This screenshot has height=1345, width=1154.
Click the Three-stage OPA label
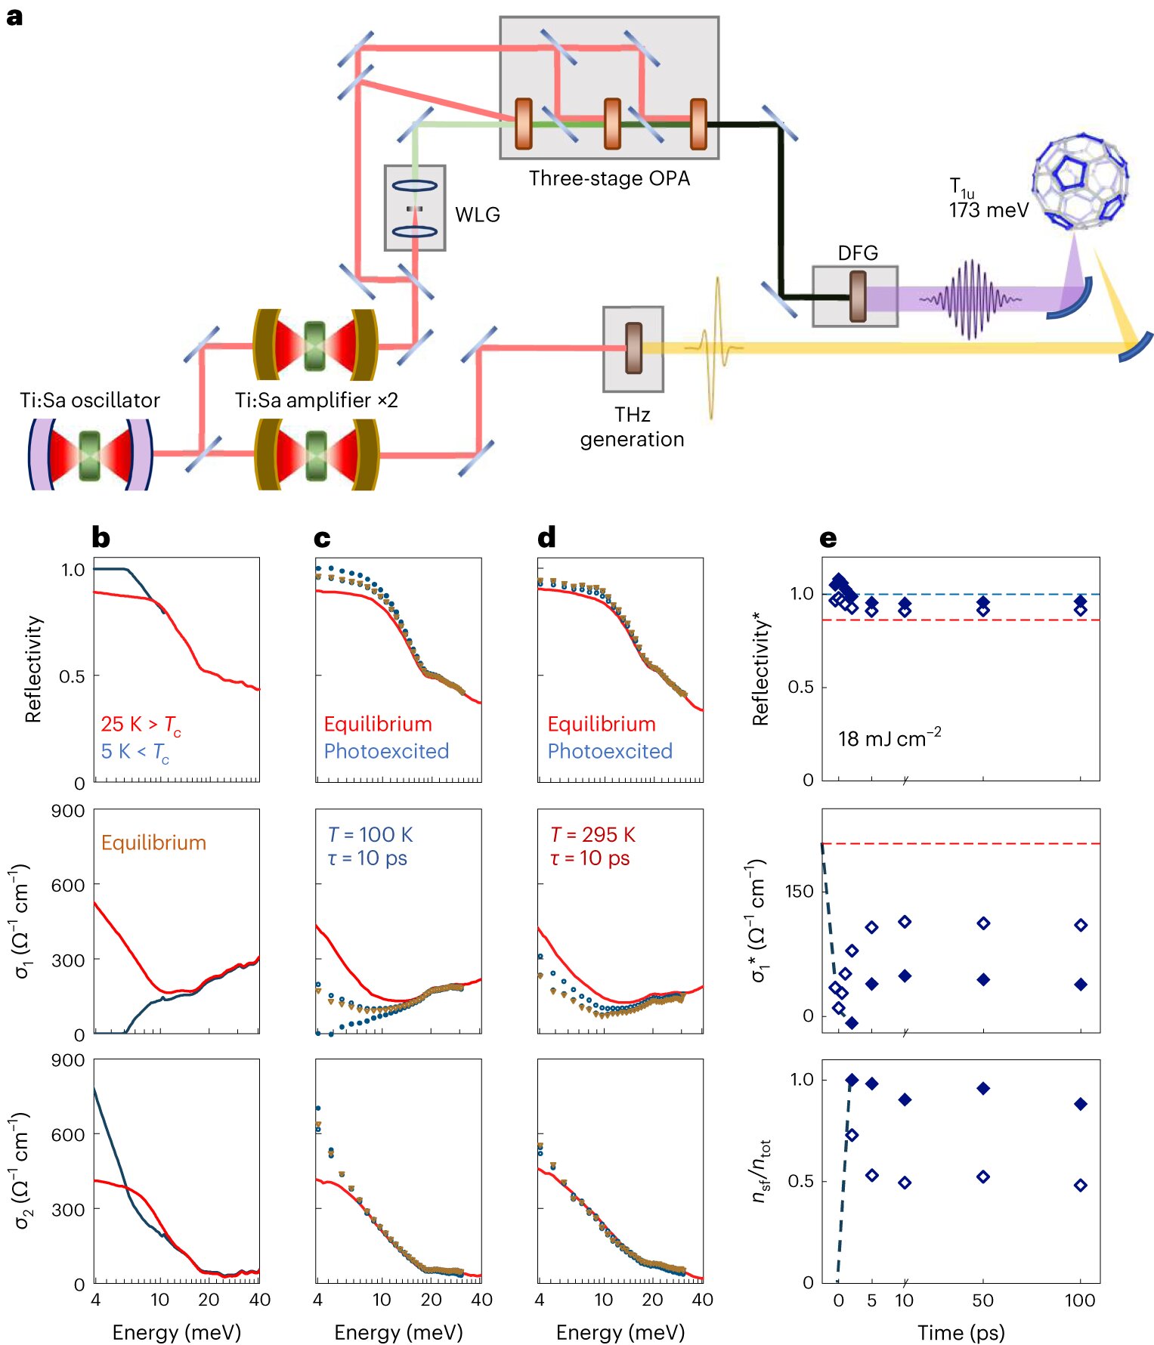pos(609,178)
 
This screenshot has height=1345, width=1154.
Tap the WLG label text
pos(477,215)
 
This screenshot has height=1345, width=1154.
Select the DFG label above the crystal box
pos(857,253)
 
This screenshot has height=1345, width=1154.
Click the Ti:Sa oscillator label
pos(90,400)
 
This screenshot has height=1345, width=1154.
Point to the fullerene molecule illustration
pos(1080,181)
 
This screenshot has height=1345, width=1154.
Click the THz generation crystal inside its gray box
pos(633,348)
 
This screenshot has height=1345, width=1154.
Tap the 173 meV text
pos(988,210)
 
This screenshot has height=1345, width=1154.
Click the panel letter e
pos(828,538)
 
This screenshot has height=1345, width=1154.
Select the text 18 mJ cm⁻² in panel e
pos(889,737)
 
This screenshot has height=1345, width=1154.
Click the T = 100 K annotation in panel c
pos(370,834)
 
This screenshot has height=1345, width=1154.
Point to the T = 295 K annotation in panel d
pos(592,834)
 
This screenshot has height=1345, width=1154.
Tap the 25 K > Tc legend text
pos(141,725)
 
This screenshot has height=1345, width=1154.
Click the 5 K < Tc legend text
pos(135,752)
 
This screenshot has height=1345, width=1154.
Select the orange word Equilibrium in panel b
pos(153,843)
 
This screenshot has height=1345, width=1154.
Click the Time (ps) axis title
pos(961,1332)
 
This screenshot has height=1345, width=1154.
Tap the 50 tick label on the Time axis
pos(982,1300)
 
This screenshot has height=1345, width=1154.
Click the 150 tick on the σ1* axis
pos(799,892)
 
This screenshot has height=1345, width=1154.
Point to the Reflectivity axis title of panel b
pos(32,669)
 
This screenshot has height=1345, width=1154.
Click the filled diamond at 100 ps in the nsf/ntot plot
pos(1081,1104)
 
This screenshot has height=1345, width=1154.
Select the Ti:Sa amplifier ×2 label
pos(316,400)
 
